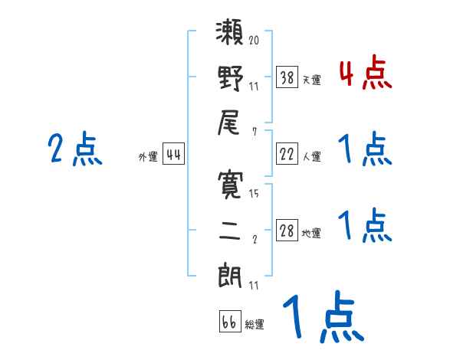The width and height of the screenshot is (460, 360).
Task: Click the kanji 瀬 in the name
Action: [230, 37]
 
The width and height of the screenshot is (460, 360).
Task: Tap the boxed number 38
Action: [287, 77]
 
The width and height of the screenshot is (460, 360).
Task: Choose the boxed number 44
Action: [174, 155]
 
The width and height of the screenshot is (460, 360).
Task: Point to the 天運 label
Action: [312, 79]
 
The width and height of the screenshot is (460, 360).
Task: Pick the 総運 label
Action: [255, 324]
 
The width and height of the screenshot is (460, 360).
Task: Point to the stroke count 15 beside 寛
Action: [254, 194]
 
